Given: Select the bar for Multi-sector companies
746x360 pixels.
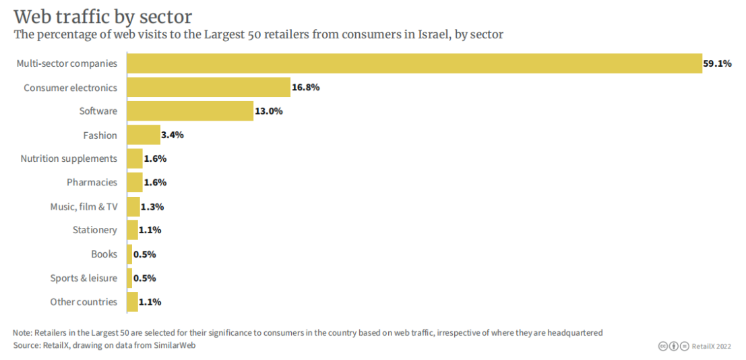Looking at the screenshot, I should pyautogui.click(x=414, y=63).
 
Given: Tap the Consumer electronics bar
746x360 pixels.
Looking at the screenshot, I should pyautogui.click(x=208, y=88).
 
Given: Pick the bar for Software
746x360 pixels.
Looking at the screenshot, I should pyautogui.click(x=190, y=111).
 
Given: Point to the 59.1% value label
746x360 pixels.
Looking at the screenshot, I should pyautogui.click(x=718, y=64).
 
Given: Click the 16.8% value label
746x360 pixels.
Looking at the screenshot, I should pyautogui.click(x=305, y=88).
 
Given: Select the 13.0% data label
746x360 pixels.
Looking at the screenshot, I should pyautogui.click(x=269, y=111).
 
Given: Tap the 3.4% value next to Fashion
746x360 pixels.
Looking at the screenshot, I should pyautogui.click(x=173, y=135).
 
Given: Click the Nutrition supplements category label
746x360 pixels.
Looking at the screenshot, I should pyautogui.click(x=69, y=159).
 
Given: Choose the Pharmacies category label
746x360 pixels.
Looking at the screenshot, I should pyautogui.click(x=92, y=183).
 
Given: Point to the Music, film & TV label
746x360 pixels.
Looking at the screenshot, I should pyautogui.click(x=84, y=206).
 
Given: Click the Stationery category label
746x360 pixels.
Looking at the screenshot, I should pyautogui.click(x=95, y=231).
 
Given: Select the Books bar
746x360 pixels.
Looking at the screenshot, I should pyautogui.click(x=129, y=254).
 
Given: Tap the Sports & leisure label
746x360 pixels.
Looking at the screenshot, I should pyautogui.click(x=84, y=278).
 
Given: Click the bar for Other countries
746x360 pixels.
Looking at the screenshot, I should pyautogui.click(x=132, y=302).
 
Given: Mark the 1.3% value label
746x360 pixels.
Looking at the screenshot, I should pyautogui.click(x=152, y=207).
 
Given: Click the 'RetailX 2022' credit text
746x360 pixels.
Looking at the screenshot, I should pyautogui.click(x=711, y=347).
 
